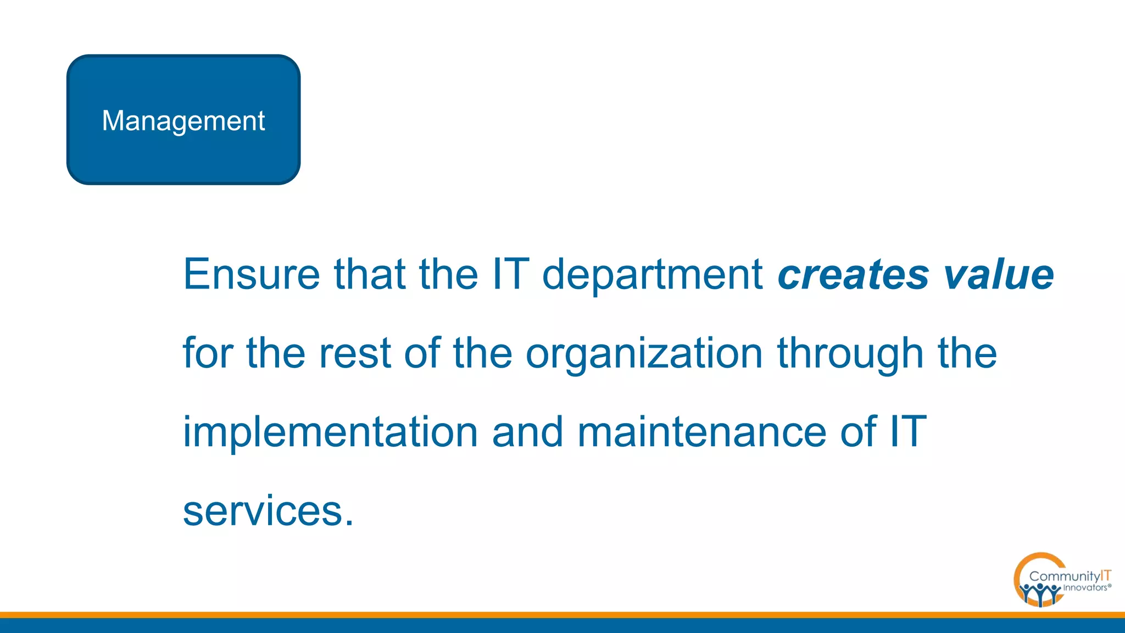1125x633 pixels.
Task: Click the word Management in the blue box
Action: tap(183, 121)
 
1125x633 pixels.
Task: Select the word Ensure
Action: tap(251, 274)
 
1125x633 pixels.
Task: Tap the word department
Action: tap(652, 274)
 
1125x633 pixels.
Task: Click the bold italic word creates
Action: tap(853, 274)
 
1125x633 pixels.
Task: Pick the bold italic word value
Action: tap(998, 274)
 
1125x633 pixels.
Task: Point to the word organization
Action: tap(644, 353)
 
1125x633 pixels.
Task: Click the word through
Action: tap(850, 353)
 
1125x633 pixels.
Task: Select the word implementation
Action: tap(330, 432)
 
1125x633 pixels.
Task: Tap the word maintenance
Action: tap(701, 432)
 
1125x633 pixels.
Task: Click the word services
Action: tap(263, 511)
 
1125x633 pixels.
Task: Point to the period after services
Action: tap(349, 521)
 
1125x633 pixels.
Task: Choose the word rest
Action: tap(355, 353)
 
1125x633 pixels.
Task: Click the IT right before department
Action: tap(511, 274)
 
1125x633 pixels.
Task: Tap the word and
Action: tap(528, 432)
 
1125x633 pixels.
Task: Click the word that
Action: tap(370, 274)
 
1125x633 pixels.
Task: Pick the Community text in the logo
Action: tap(1064, 576)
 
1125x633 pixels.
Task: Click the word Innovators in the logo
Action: tap(1085, 588)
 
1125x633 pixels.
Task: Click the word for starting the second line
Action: tap(208, 353)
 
